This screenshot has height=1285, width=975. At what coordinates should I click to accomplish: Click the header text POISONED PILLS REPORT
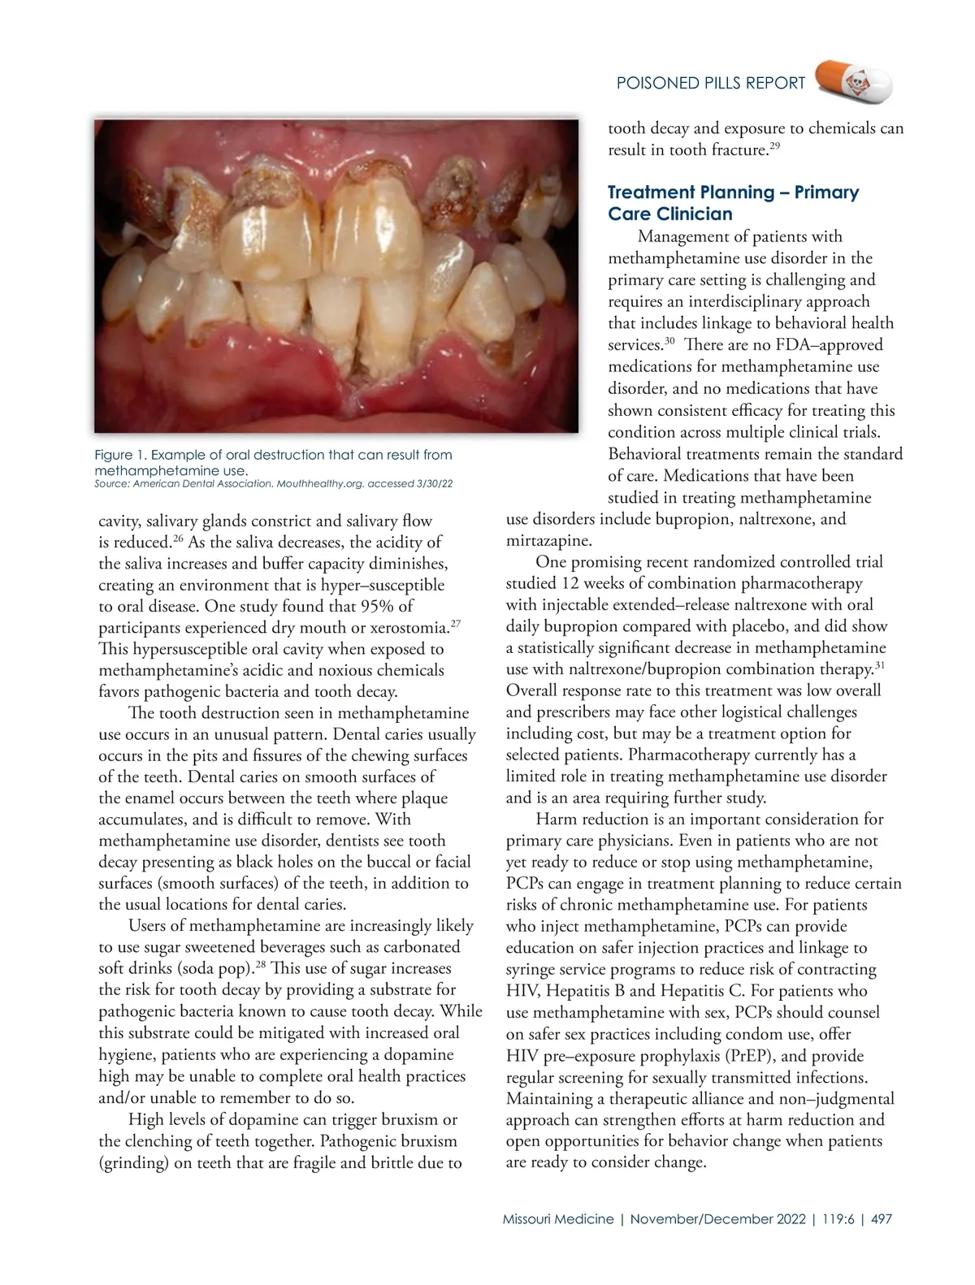(711, 83)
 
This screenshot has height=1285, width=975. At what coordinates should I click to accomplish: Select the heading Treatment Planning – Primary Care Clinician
(733, 203)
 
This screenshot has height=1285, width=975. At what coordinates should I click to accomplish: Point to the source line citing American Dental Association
(273, 484)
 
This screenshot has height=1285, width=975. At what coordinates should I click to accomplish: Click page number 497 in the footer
(881, 1219)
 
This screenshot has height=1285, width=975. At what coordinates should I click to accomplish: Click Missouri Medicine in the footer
(558, 1219)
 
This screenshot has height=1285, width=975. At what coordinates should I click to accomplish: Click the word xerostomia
(409, 628)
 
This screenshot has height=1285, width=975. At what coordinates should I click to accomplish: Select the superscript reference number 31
(879, 665)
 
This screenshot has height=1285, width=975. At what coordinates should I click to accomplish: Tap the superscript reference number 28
(260, 964)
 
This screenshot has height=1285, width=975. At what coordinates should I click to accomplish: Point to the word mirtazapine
(549, 540)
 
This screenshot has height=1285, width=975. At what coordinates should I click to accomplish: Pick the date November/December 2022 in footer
(718, 1219)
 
